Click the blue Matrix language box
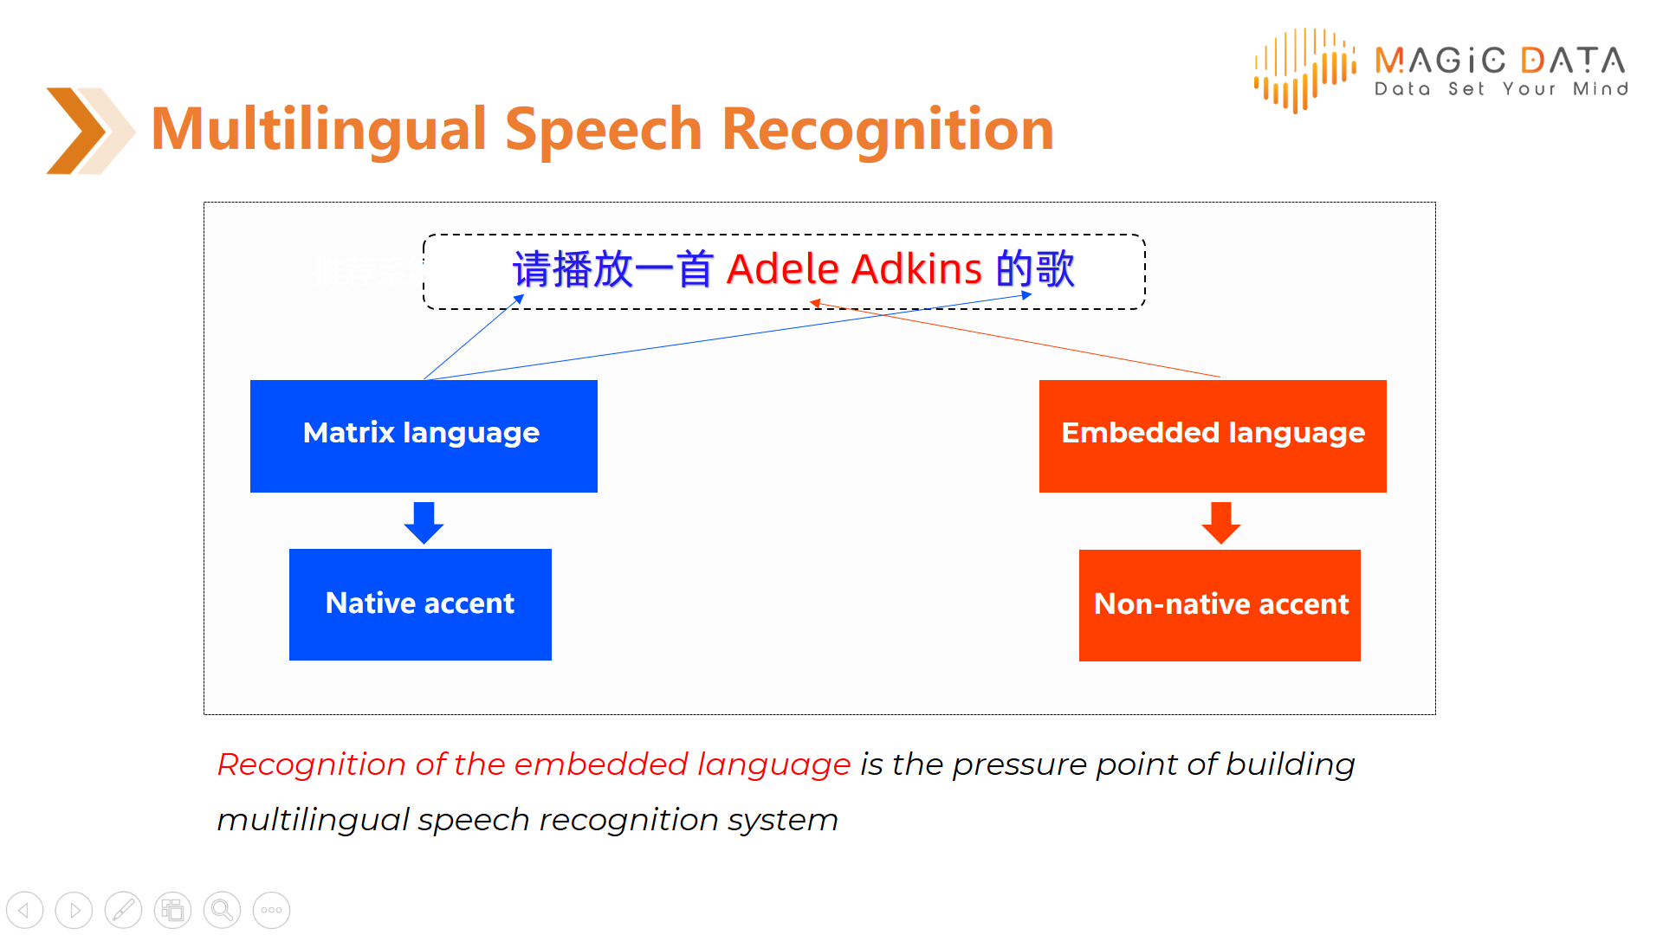[424, 435]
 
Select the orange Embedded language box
[1213, 435]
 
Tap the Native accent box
[420, 604]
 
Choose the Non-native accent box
[1220, 605]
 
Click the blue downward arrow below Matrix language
[424, 522]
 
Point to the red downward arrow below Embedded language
[1221, 522]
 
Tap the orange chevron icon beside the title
[89, 131]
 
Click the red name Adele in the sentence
[783, 268]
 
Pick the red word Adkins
[916, 268]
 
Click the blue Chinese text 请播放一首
[613, 269]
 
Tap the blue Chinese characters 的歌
[1036, 269]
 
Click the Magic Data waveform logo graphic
[1304, 70]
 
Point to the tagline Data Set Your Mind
[1501, 88]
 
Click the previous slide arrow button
[24, 910]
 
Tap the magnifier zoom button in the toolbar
[222, 910]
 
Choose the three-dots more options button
[271, 910]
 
